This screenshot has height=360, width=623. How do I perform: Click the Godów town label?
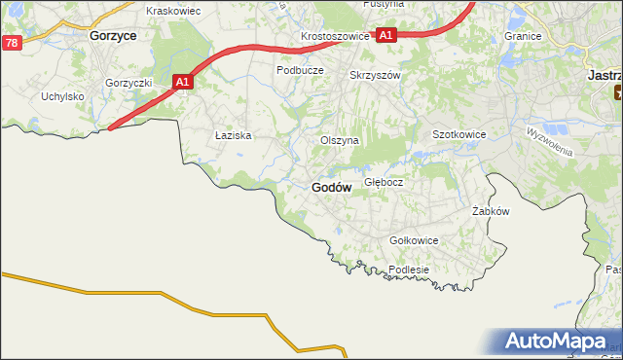click(x=332, y=187)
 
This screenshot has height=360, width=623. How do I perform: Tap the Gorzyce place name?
click(x=112, y=33)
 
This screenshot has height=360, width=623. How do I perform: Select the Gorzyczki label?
click(x=129, y=83)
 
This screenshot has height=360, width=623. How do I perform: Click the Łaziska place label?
click(x=234, y=136)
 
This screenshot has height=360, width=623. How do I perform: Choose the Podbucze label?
click(x=300, y=70)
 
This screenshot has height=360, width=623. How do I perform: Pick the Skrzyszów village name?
click(x=375, y=75)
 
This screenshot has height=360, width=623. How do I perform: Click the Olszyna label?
click(x=340, y=140)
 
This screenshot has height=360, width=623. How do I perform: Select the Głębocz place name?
click(x=384, y=182)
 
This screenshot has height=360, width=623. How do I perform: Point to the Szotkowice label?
click(x=458, y=135)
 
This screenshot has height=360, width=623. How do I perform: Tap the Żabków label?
click(x=491, y=211)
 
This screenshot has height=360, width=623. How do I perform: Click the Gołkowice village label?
click(x=414, y=240)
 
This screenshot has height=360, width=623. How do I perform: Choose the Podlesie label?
click(x=409, y=270)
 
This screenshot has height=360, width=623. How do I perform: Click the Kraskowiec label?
click(x=172, y=11)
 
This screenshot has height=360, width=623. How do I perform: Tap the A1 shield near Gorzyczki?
click(x=183, y=84)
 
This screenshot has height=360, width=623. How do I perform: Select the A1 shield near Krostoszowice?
click(x=386, y=35)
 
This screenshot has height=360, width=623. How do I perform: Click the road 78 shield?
click(x=11, y=43)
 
